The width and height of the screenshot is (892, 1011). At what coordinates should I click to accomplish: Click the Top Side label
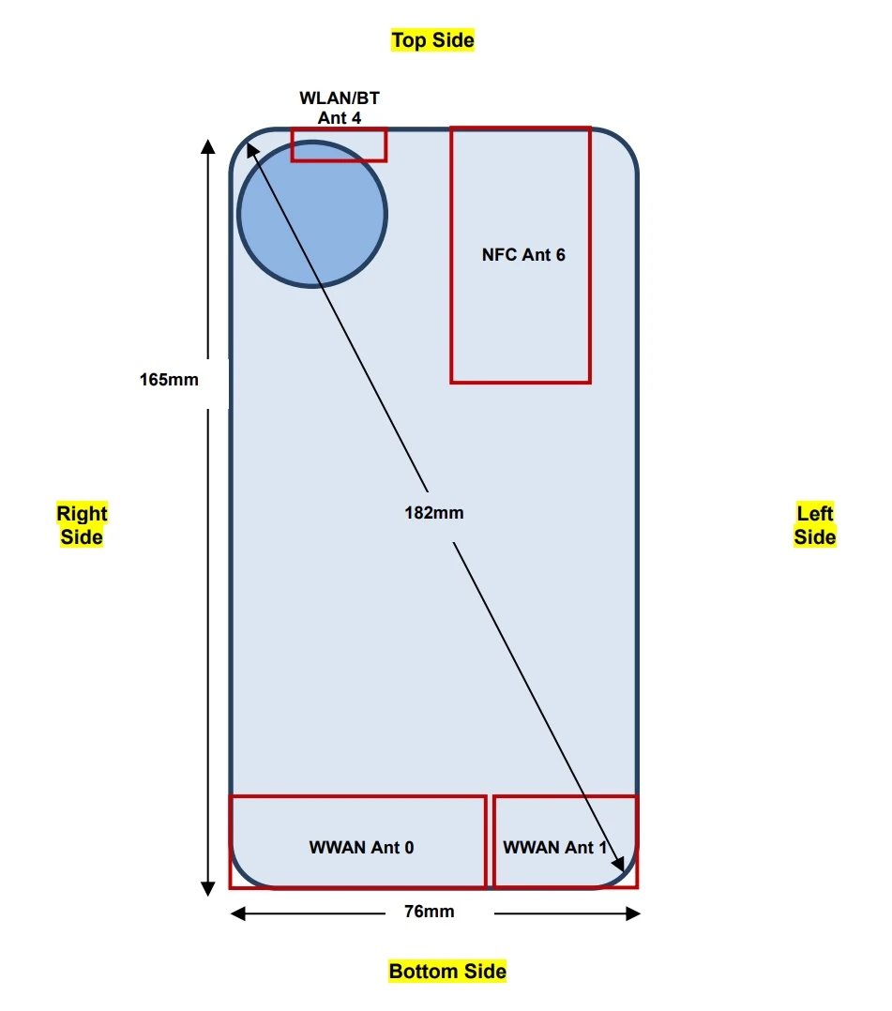pos(432,40)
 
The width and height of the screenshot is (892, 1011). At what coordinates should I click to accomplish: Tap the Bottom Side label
pos(447,971)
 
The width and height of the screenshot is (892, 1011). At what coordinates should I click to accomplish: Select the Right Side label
pos(82,525)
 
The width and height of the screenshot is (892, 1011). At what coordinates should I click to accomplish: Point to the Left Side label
pos(814,525)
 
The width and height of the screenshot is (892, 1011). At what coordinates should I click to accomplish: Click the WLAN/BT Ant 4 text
pos(340,108)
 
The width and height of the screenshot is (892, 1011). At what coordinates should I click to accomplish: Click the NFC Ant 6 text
pos(523,255)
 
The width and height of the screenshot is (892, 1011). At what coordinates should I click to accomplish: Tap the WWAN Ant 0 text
pos(361,847)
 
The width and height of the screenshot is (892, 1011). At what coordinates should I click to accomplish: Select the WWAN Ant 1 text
pos(554,847)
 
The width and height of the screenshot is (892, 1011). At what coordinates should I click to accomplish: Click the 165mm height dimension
pos(169,379)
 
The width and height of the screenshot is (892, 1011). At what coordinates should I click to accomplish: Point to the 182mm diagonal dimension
pos(434,513)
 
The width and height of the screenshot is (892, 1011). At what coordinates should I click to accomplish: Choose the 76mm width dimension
pos(429,911)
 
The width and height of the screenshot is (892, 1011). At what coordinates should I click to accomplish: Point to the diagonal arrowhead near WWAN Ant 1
pos(618,864)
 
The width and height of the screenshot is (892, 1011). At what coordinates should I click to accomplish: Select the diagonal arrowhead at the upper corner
pos(252,150)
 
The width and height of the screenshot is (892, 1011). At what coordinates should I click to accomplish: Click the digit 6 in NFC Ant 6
pos(561,255)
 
